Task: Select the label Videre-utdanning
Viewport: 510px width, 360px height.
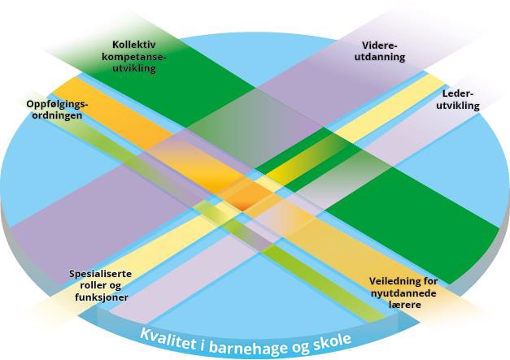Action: [381, 52]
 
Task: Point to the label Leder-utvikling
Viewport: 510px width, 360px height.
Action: [460, 99]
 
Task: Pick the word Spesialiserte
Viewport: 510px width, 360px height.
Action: [100, 274]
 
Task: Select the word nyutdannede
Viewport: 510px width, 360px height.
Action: [402, 292]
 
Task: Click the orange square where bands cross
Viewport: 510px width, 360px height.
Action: [245, 196]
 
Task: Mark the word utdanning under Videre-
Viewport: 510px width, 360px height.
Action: [381, 58]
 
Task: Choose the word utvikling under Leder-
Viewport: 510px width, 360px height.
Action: [460, 106]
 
